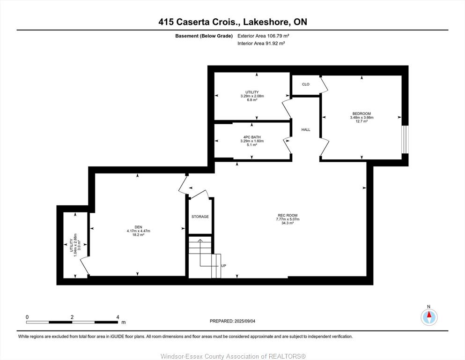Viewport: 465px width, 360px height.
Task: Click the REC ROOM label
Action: pos(288,216)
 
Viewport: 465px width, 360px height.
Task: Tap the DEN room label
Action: pos(139,227)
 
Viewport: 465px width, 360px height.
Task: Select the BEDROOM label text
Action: pos(362,113)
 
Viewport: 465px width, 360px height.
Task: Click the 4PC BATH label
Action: pos(252,137)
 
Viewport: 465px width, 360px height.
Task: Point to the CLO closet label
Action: pos(306,84)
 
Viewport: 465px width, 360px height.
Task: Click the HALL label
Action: pos(306,130)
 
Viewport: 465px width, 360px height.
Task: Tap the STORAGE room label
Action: pos(200,217)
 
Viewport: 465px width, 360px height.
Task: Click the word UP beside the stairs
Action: pos(224,266)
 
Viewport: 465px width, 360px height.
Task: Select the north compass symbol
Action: pos(429,317)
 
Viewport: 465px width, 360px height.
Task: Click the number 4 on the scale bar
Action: pos(118,317)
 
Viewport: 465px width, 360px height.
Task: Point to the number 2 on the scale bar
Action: pos(72,317)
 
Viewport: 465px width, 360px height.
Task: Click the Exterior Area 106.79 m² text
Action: pos(263,36)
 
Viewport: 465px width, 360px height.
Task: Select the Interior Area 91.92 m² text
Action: pos(261,43)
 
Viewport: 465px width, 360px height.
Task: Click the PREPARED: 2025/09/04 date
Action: pos(232,321)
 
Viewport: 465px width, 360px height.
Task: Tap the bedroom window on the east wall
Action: pos(405,140)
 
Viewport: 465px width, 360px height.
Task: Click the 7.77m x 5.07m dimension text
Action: pos(288,219)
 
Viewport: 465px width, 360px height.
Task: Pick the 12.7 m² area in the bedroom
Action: pos(362,121)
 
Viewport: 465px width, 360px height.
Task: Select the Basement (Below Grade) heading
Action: pos(204,36)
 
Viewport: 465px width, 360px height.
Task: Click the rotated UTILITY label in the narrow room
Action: pos(72,245)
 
